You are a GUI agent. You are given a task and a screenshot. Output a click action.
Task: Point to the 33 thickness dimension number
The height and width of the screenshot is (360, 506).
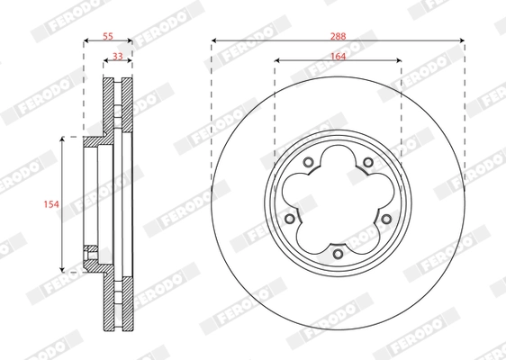118,56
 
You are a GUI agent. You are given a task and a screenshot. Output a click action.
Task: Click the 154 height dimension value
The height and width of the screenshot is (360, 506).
52,204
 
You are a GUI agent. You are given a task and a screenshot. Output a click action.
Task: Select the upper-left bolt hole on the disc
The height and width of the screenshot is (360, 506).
308,163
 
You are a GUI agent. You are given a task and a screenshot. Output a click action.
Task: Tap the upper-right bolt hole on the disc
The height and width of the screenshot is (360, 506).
367,163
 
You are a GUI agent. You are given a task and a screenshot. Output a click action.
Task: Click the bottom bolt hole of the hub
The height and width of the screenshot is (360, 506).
338,254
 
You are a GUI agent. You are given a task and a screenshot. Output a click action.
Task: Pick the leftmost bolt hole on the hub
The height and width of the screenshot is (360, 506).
289,219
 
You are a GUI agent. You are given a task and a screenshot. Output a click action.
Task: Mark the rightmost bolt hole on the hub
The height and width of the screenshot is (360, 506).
386,219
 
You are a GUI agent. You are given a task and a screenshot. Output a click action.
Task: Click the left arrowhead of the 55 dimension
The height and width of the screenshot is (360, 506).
86,41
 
